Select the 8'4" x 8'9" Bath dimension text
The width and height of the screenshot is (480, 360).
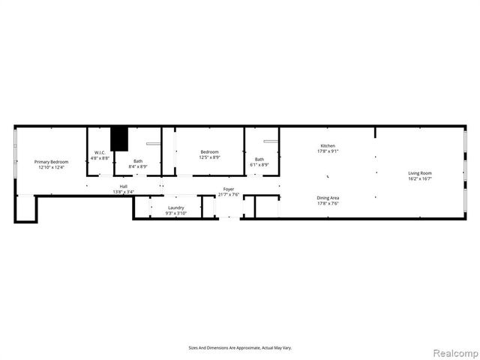[138, 166]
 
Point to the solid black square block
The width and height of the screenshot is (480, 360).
[118, 139]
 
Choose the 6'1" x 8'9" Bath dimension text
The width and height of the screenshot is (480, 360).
[259, 164]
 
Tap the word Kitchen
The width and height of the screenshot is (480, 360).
[328, 145]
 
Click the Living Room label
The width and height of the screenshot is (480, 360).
[420, 173]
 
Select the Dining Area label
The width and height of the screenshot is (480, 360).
[328, 198]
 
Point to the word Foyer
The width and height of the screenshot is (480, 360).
[229, 189]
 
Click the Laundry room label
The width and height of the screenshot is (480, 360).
[176, 208]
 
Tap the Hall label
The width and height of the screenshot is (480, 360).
[123, 187]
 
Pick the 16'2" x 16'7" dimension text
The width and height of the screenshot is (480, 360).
[420, 178]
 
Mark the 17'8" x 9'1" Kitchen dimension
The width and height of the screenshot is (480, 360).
[328, 151]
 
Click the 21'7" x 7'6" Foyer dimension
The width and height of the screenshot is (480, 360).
[229, 194]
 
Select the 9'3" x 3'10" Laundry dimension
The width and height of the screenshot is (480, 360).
[176, 213]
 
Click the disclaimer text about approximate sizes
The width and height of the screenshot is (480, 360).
[240, 348]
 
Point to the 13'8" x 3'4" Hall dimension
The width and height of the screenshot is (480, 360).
[123, 192]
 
